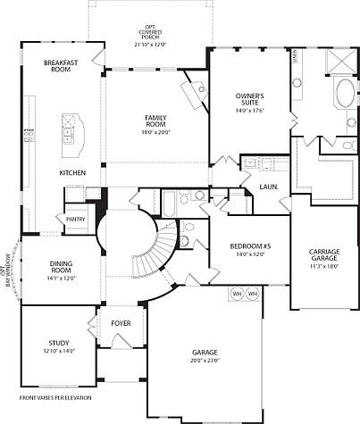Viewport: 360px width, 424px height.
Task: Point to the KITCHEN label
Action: (x=72, y=172)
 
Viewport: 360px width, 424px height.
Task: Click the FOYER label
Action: (x=121, y=322)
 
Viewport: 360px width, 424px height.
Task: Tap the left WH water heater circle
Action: (x=238, y=293)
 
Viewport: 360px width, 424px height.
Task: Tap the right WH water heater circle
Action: (x=253, y=293)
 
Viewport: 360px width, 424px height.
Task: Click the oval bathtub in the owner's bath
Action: (x=343, y=95)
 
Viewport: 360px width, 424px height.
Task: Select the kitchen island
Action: (x=70, y=134)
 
